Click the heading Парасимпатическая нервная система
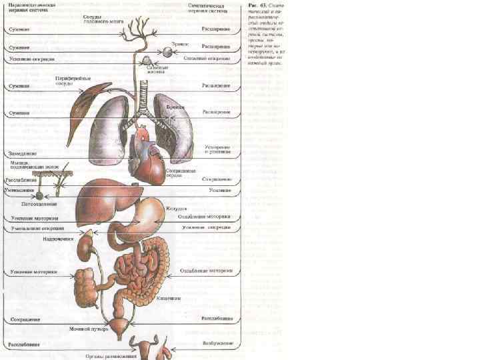point(31,7)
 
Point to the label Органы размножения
point(111,356)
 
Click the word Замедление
point(23,154)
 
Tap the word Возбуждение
point(217,343)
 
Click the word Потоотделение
point(39,204)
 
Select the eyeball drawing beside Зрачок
point(165,51)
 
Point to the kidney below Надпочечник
point(85,250)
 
